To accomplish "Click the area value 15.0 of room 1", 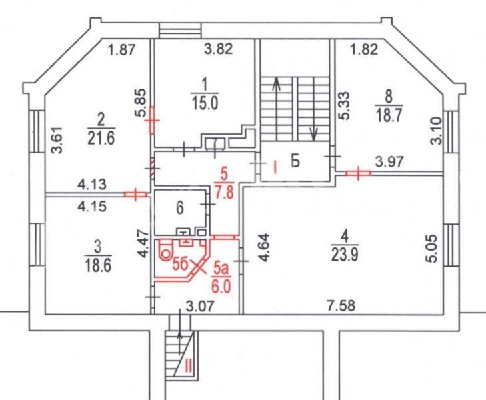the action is point(205,103).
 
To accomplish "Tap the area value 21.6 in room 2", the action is point(101,137).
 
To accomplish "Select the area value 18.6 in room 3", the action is point(98,265).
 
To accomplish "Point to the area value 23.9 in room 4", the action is point(345,255).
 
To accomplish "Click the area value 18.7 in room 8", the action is point(389,115).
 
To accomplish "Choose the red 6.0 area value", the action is point(221,286).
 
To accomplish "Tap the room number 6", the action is point(180,207).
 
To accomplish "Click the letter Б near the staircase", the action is point(295,161).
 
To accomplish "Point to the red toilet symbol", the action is point(165,249).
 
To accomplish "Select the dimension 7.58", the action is point(341,305).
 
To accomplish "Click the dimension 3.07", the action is point(200,306).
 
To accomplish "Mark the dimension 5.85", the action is point(140,103).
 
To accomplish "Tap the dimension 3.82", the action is point(219,49).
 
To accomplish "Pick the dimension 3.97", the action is point(389,161).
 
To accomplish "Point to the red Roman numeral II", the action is point(189,367).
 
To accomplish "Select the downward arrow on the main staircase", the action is point(314,133).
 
